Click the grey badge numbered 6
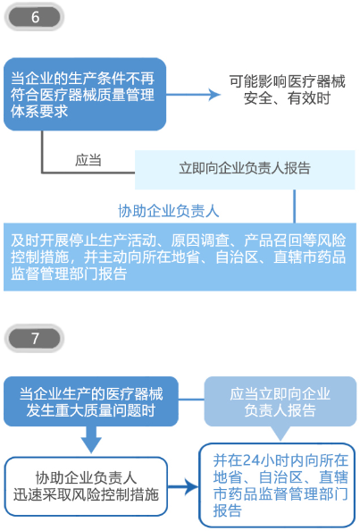[34, 17]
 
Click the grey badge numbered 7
[34, 338]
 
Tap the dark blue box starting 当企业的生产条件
[85, 95]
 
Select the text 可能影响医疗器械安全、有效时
[287, 89]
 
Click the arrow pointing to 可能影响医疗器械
[193, 95]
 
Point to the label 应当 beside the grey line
[88, 160]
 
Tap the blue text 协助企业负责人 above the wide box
[169, 211]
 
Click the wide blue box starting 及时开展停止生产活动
[180, 257]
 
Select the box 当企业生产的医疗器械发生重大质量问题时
[91, 401]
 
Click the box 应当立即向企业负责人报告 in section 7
[280, 401]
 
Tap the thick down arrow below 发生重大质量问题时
[91, 440]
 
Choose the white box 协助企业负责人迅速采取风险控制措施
[86, 486]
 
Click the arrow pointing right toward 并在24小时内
[183, 487]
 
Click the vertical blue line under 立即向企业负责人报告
[295, 206]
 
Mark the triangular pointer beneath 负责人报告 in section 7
[280, 434]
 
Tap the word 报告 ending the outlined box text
[228, 510]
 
